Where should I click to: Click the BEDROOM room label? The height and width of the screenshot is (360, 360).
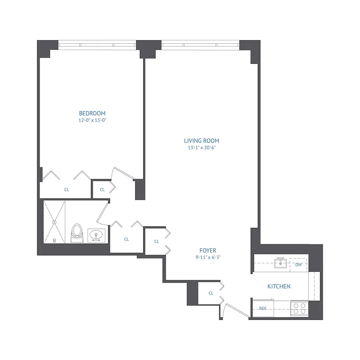coord(92,113)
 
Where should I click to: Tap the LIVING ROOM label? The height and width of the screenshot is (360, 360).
coord(201,140)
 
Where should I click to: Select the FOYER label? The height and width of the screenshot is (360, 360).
coord(208,251)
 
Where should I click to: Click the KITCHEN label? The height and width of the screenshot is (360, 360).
coord(279,286)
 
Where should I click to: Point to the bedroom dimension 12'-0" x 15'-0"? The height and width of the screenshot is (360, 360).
coord(92,120)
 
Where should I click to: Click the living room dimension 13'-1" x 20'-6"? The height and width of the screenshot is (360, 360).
coord(201,147)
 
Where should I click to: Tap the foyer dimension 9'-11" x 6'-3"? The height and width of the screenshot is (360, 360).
coord(208,257)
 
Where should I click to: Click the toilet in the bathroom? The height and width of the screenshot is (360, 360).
coord(76,232)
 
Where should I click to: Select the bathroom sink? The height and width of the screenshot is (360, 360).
coord(96,235)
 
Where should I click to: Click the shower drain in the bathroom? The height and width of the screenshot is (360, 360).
coord(55,221)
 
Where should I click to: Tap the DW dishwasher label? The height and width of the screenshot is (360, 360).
coord(298,265)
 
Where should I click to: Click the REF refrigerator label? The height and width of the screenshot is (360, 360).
coord(263,308)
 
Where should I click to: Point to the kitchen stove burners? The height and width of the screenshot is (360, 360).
coord(300,308)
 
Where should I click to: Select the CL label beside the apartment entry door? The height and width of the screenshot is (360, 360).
coord(211,293)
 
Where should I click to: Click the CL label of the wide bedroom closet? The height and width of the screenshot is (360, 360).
coord(67,189)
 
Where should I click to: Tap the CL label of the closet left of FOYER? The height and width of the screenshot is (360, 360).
coord(157,242)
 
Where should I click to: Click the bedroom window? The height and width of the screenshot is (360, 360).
coord(97,45)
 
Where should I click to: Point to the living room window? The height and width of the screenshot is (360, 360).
coord(200,45)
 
